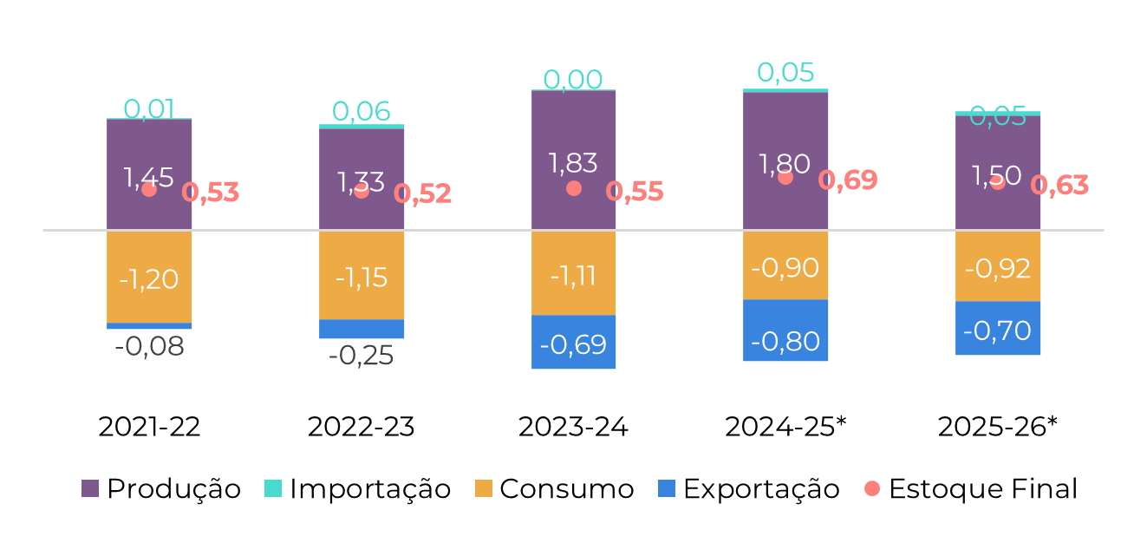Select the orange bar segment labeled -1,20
coord(149,278)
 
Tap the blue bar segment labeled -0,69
coord(574,343)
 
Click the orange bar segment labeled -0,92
coord(998,266)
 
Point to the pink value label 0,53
coord(211,193)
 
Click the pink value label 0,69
coord(848,180)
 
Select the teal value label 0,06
coord(362,112)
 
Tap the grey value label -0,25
coord(362,356)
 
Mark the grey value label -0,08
coord(149,347)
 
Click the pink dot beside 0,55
coord(574,188)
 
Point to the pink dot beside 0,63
coord(998,182)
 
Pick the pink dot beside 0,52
coord(362,191)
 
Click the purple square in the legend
coord(90,488)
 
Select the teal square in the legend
coord(273,488)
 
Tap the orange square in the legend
coord(484,488)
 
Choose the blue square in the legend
coord(667,488)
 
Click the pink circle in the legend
coord(872,488)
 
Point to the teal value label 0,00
coord(573,80)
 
